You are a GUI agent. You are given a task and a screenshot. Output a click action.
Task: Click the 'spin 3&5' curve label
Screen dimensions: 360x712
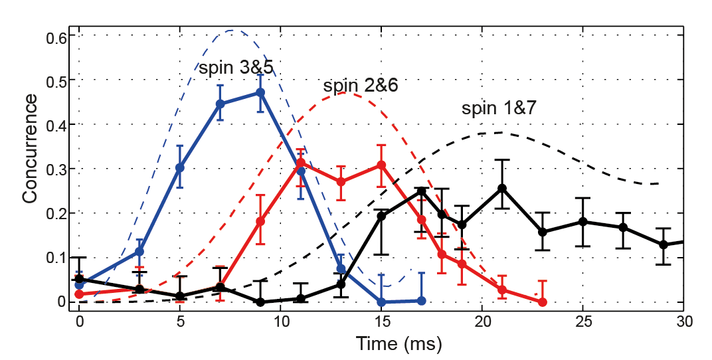pos(236,66)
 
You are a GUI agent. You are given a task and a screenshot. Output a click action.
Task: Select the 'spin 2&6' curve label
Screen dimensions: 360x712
pos(361,86)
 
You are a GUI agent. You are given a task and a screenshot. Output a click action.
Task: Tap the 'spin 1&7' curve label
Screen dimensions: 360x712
pos(499,110)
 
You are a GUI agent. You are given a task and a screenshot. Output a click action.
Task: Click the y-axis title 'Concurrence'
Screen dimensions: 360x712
pos(29,147)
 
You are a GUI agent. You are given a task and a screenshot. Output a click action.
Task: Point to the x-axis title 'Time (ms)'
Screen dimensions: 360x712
pos(399,344)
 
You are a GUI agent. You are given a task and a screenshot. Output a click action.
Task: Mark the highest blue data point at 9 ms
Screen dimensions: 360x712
pos(260,93)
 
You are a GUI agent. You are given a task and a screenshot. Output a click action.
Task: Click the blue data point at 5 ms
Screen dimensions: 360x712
pos(180,167)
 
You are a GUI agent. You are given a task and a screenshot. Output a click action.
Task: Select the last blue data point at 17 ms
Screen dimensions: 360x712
pos(421,301)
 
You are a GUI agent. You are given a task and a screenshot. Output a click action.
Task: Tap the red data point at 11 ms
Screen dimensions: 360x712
pos(301,163)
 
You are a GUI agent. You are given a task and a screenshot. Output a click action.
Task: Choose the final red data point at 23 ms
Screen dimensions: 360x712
pos(542,302)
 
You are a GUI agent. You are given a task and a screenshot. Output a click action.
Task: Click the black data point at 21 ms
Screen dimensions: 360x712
pos(502,189)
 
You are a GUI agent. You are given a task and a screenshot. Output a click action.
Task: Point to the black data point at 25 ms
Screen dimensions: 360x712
pos(582,221)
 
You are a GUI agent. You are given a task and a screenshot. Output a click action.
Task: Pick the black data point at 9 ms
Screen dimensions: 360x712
pos(260,302)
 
